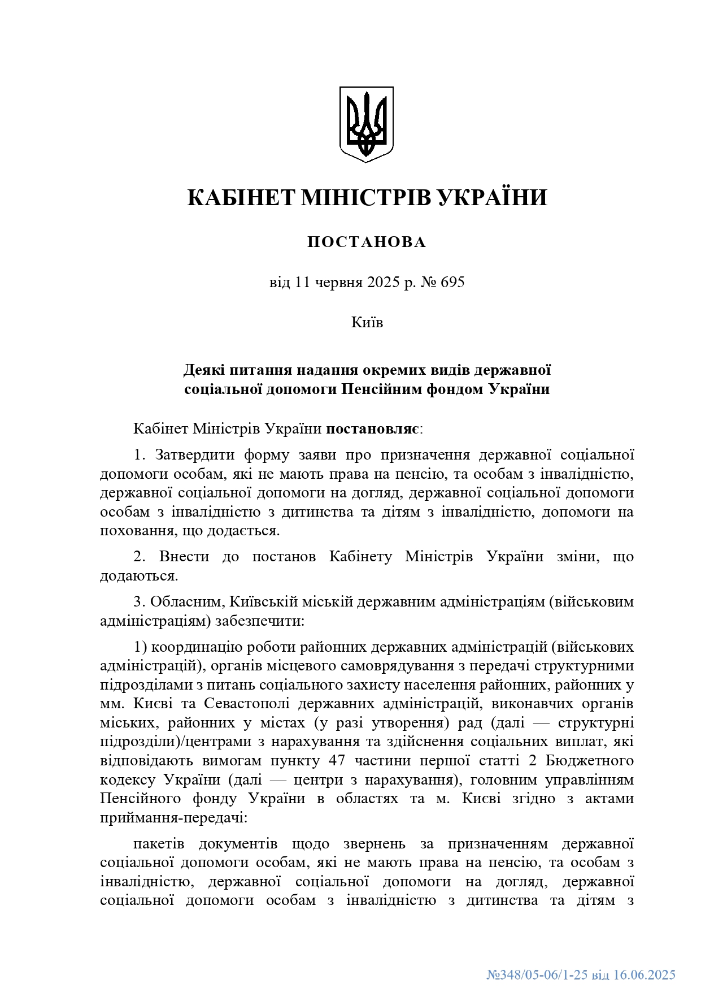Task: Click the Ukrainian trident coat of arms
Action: coord(366,124)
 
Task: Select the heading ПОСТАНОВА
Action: coord(367,242)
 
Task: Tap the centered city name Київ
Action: coord(367,323)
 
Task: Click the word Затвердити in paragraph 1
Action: coord(193,455)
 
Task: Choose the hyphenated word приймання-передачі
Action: coord(170,818)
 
